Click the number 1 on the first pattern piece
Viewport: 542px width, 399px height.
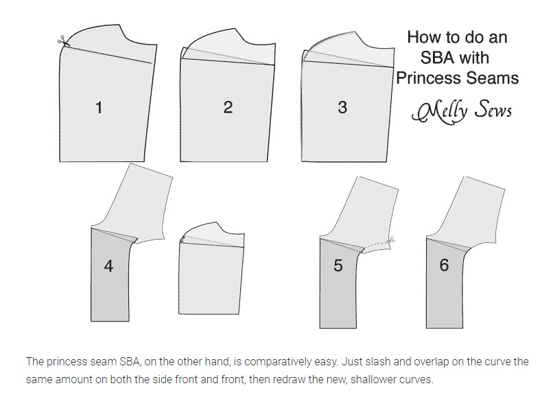(x=99, y=107)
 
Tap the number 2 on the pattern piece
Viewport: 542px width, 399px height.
(x=228, y=107)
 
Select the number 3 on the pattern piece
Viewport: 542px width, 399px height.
(x=342, y=107)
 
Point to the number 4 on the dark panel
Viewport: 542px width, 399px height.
(x=108, y=266)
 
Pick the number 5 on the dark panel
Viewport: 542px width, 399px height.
(x=338, y=265)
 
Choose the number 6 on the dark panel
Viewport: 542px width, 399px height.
(x=444, y=264)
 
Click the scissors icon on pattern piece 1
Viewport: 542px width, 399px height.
(x=62, y=41)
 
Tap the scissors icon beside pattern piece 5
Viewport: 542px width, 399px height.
(x=392, y=240)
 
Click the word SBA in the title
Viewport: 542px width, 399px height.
(x=437, y=58)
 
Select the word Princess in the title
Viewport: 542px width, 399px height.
(x=428, y=78)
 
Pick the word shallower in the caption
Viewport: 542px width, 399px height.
(x=375, y=379)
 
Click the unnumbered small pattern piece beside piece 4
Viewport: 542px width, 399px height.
(x=211, y=269)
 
